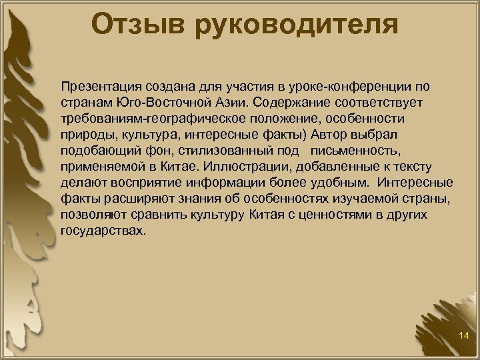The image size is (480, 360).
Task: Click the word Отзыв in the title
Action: (138, 24)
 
